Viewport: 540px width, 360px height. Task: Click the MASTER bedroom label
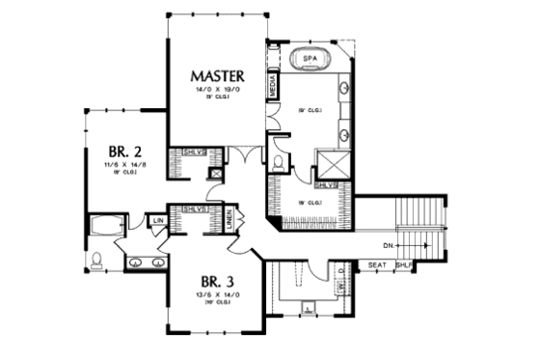216,75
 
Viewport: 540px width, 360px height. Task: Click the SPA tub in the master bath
310,59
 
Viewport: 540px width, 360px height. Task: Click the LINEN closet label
232,220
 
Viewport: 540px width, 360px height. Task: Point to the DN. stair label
387,245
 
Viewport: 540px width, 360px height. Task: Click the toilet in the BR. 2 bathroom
97,260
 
